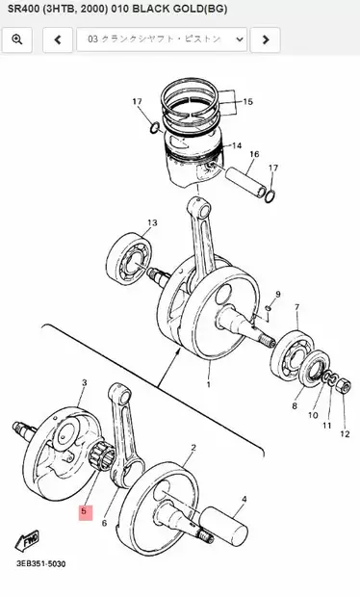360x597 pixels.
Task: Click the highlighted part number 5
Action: [84, 511]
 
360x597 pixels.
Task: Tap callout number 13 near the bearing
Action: [151, 222]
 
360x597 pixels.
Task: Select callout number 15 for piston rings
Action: [247, 101]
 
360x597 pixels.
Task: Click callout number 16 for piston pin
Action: [254, 154]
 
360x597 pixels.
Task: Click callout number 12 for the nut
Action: [344, 434]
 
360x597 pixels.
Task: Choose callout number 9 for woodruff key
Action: [278, 294]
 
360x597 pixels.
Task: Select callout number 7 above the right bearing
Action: [296, 308]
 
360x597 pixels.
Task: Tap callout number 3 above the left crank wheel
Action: [84, 382]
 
